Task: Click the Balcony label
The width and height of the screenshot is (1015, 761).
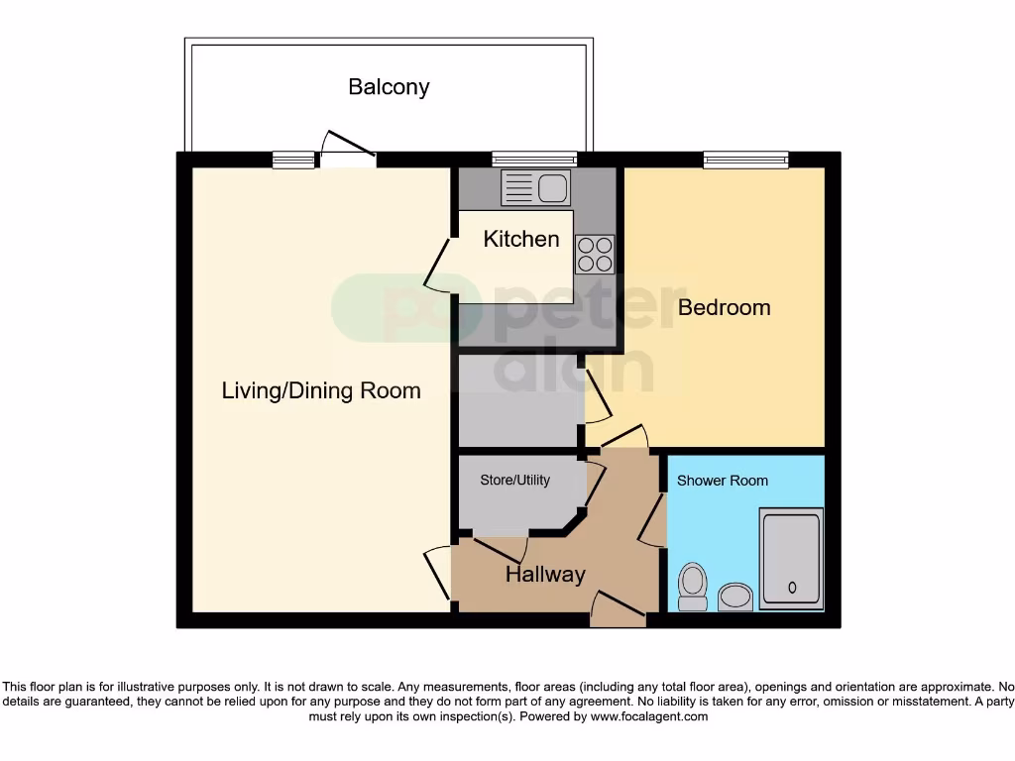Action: [x=389, y=87]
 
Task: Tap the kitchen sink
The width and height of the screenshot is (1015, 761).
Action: [x=535, y=187]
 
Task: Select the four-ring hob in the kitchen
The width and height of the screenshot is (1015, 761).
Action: [x=595, y=254]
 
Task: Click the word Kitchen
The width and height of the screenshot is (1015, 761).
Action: [x=521, y=239]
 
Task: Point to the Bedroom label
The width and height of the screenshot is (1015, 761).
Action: [x=724, y=307]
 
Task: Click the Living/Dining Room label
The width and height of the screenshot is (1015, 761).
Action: [x=320, y=390]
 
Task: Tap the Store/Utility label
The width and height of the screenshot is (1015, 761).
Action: [x=514, y=480]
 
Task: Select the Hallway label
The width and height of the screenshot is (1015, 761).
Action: [x=545, y=575]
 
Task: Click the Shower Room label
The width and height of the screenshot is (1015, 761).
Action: [x=722, y=481]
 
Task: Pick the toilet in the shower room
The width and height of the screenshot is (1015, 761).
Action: [x=691, y=587]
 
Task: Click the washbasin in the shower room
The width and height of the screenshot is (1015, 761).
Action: [x=734, y=597]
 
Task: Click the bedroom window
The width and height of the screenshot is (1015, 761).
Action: [x=745, y=159]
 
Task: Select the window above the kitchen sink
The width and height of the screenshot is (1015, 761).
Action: [x=534, y=159]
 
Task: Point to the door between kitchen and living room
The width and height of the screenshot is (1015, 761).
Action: [x=437, y=265]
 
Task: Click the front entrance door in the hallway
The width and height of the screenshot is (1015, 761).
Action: [x=619, y=606]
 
